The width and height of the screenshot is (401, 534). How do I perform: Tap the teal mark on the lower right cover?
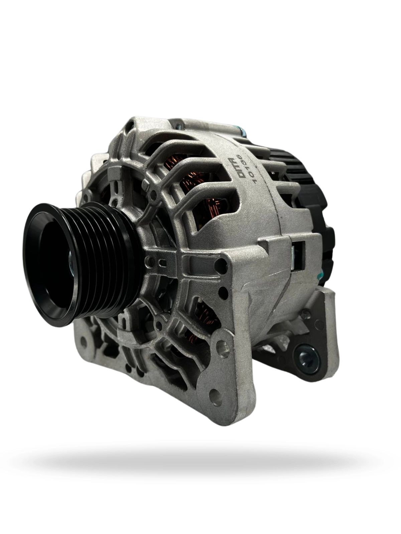321,275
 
